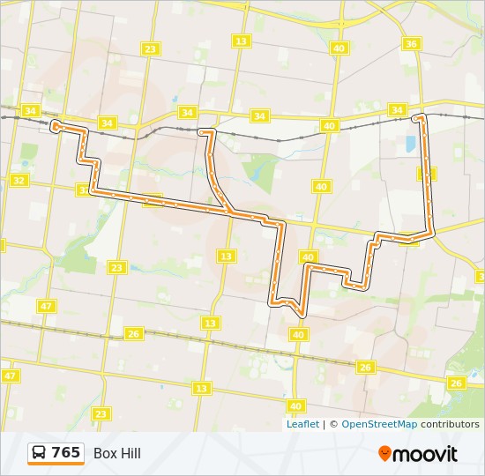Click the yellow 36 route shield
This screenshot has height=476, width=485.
[x=411, y=44]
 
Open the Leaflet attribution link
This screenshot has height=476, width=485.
[x=302, y=424]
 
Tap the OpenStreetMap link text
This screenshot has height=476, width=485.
[x=379, y=424]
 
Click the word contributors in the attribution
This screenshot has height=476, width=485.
[x=450, y=424]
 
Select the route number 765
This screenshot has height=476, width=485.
[x=66, y=453]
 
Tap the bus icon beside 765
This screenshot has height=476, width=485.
[x=40, y=453]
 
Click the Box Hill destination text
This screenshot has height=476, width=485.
[x=117, y=454]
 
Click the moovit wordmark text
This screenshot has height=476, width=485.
[x=426, y=454]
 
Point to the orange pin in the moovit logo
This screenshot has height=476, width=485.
[x=384, y=453]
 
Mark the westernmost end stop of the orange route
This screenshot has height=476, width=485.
[x=56, y=127]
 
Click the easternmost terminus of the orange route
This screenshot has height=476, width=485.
[x=419, y=116]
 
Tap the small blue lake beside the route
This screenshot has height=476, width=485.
[x=409, y=145]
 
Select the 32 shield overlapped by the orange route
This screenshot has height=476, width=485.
[x=85, y=190]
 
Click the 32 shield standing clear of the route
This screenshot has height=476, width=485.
[x=19, y=181]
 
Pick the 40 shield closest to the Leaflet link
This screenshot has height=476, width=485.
[x=295, y=406]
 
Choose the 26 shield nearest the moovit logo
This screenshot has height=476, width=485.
[x=456, y=383]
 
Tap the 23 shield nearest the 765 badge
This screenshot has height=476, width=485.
[x=101, y=413]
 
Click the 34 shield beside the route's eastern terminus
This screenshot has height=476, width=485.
[x=398, y=110]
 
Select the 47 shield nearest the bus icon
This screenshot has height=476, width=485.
[x=10, y=376]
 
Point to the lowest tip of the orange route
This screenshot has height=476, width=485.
[x=302, y=315]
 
